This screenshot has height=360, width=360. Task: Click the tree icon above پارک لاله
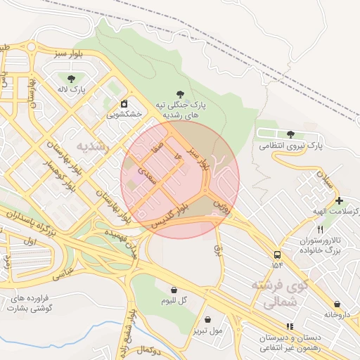(x=70, y=79)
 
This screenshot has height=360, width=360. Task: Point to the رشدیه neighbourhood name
(x=93, y=146)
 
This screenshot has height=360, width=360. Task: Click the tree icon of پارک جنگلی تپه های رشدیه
(x=181, y=93)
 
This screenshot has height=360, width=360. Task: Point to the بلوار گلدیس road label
(x=169, y=214)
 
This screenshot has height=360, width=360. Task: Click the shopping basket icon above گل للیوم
(x=174, y=290)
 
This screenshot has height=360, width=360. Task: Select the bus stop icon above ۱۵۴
(x=277, y=255)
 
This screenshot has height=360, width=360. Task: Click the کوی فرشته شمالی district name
(x=280, y=295)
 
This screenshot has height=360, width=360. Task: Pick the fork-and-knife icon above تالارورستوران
(x=321, y=229)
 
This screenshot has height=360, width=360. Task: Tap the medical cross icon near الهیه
(x=339, y=201)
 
